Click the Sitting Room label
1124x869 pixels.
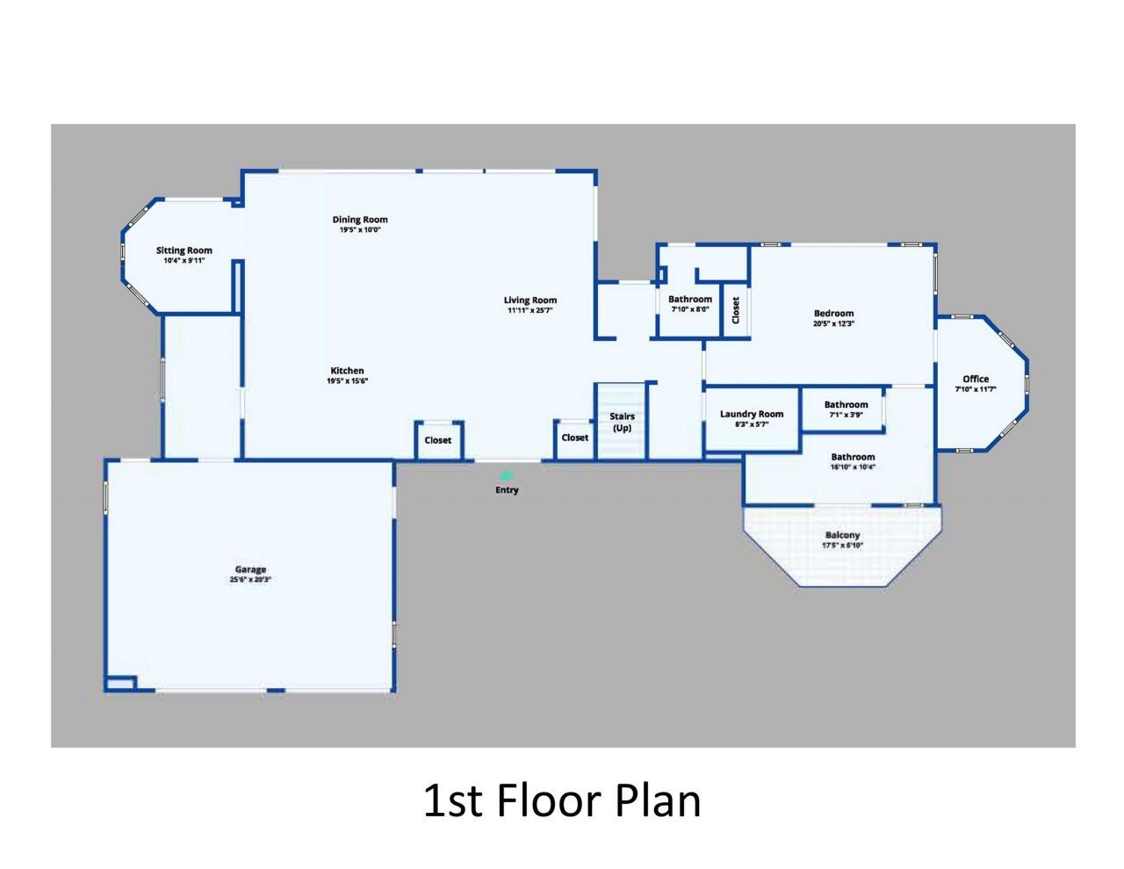[184, 250]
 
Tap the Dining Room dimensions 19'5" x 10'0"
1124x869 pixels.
[359, 230]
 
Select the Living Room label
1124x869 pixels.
[530, 301]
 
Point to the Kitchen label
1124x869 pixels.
[347, 371]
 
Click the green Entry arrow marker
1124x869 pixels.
[505, 475]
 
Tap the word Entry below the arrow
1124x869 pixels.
[507, 490]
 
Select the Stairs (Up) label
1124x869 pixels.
[622, 422]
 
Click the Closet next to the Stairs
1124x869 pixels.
[575, 438]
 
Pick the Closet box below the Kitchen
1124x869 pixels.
[437, 440]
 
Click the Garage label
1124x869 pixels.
[250, 569]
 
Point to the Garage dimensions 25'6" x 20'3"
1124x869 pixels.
[250, 580]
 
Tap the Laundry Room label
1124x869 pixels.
[752, 414]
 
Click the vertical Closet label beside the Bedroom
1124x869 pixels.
[736, 308]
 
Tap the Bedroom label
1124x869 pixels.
[833, 313]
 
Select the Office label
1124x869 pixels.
[976, 379]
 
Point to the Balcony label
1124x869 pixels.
[842, 535]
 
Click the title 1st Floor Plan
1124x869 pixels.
[562, 800]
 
